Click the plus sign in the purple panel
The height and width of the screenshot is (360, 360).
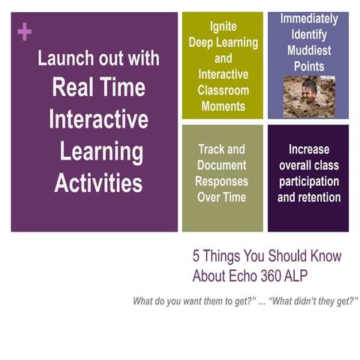click(24, 31)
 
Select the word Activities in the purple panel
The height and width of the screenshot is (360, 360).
click(97, 182)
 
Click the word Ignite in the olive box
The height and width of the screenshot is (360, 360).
click(223, 26)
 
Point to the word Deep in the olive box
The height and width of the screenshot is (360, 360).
click(201, 43)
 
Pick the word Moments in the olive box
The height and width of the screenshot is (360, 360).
click(223, 106)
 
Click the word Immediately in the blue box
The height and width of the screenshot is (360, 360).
click(308, 19)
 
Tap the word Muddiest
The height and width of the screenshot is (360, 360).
click(308, 51)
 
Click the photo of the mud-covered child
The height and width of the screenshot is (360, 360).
click(308, 96)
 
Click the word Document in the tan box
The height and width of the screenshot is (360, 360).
click(222, 165)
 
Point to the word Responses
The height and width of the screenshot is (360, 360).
click(222, 181)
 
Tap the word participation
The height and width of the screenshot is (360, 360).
click(308, 181)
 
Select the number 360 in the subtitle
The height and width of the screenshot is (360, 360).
click(288, 275)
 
